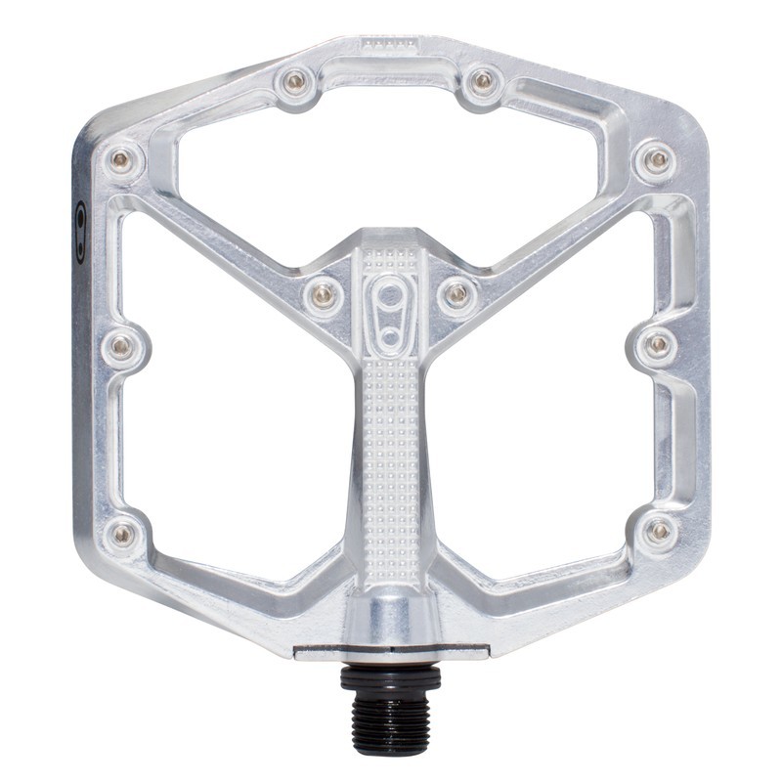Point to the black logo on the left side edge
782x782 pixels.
[81, 233]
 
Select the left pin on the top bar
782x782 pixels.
[295, 81]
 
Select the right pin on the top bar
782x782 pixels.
[482, 81]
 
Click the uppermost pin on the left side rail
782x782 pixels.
[121, 158]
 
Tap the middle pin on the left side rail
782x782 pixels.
[122, 345]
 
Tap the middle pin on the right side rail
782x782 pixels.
[658, 344]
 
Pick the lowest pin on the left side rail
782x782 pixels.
[123, 533]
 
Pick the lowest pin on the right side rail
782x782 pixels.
[658, 531]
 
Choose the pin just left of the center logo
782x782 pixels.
[325, 291]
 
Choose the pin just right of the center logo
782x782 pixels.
[456, 291]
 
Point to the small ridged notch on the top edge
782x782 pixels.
[389, 45]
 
